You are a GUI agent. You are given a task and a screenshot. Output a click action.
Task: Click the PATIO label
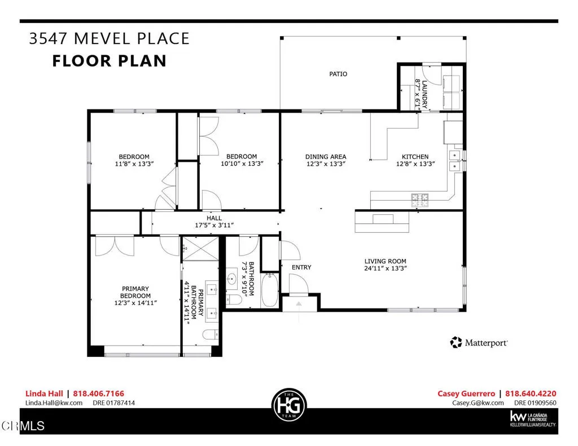tap(338, 74)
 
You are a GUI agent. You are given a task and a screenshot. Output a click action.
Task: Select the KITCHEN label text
tap(415, 157)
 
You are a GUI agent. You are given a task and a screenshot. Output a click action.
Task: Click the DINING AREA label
tap(326, 157)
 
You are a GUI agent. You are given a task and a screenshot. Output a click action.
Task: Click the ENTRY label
tap(301, 267)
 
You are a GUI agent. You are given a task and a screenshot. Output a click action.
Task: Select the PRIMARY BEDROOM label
tap(135, 292)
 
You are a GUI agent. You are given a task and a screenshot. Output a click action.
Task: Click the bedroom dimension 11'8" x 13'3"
tap(134, 164)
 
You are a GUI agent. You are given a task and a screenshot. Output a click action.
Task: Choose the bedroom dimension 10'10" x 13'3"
tap(242, 164)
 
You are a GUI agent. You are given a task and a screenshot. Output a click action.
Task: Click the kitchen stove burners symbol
tap(419, 198)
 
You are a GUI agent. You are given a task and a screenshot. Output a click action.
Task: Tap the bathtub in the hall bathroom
tap(270, 290)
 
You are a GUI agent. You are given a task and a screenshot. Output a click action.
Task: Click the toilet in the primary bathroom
tap(211, 335)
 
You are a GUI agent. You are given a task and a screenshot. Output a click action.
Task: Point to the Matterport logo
tap(479, 342)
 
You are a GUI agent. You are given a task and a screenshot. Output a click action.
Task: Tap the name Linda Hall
tap(44, 394)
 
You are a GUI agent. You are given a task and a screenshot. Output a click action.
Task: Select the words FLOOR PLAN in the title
tap(110, 61)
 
